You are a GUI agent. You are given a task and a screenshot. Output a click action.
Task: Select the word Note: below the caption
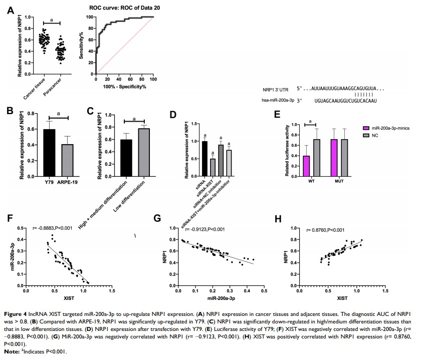point(12,352)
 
